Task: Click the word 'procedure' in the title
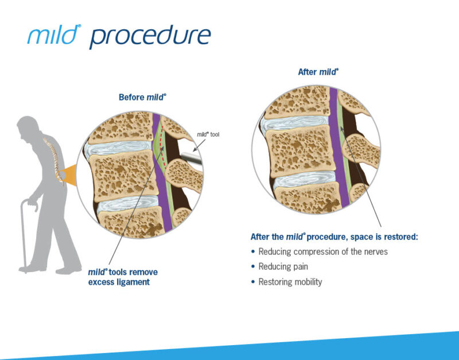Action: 150,36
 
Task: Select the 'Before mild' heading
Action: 142,97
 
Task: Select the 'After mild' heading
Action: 318,72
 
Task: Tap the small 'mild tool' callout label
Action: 207,135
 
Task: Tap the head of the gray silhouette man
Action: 25,126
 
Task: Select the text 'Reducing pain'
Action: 283,266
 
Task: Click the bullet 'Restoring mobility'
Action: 290,282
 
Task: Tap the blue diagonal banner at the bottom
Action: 344,347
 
